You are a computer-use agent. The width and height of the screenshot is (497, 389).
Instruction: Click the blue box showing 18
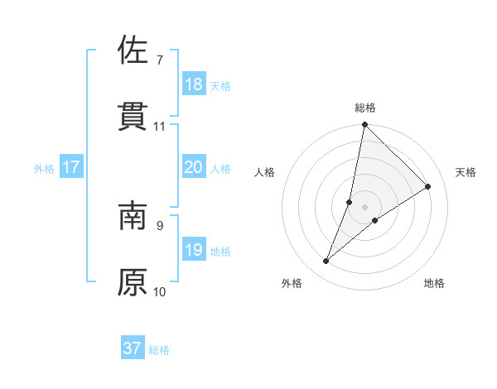[x=194, y=84]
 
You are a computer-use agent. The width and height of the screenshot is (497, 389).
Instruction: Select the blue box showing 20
[x=194, y=167]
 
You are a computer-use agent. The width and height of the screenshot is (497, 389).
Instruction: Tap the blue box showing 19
[x=194, y=250]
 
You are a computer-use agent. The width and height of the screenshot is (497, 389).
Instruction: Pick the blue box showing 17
[x=71, y=167]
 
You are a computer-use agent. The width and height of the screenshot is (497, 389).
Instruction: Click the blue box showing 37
[x=133, y=348]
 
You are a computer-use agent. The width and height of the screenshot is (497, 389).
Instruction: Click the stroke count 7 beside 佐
[x=159, y=60]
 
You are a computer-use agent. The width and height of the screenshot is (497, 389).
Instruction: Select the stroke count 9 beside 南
[x=159, y=225]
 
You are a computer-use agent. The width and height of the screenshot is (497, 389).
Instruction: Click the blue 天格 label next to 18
[x=220, y=85]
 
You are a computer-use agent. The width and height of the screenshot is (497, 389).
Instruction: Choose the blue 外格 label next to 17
[x=44, y=168]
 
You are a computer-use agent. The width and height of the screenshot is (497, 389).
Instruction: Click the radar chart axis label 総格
[x=365, y=108]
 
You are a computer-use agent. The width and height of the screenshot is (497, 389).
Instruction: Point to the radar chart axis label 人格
[x=264, y=172]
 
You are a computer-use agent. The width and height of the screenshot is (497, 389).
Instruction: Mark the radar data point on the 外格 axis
[x=326, y=262]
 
